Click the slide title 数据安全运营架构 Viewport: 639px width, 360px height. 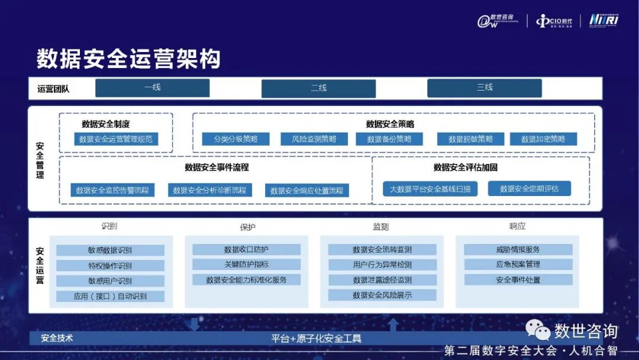tap(128, 59)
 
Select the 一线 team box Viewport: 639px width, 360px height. tap(153, 88)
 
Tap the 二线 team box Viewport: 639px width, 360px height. tap(318, 88)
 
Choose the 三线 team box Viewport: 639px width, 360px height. tap(485, 88)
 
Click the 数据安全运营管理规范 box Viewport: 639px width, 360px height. tap(115, 139)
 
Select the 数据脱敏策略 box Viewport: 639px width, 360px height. tap(470, 139)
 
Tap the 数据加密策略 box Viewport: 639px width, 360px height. tap(543, 139)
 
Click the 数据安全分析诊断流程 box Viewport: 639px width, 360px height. tap(209, 190)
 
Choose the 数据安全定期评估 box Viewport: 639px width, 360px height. tap(529, 189)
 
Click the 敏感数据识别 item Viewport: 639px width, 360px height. tap(110, 250)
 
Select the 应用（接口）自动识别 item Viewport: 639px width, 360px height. tap(110, 296)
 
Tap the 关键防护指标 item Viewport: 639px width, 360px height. tap(246, 265)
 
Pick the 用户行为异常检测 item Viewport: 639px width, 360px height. tap(382, 265)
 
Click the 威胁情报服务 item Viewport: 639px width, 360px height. tap(518, 249)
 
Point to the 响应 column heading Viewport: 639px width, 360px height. tap(517, 226)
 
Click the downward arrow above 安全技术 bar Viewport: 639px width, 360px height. tap(193, 324)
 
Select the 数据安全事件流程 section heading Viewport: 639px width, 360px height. tap(217, 168)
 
